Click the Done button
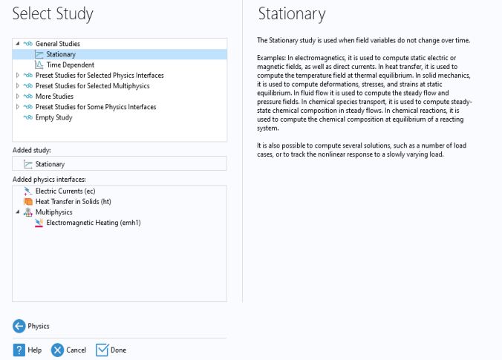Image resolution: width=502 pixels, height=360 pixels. [111, 350]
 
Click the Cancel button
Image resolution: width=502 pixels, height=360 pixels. [68, 350]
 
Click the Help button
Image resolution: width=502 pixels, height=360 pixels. [27, 350]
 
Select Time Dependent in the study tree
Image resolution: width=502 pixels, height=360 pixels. [71, 65]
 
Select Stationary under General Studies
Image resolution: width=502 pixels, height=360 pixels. [60, 54]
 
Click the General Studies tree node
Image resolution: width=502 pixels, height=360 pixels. [57, 44]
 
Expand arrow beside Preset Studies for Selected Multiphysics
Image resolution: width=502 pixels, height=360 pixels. [18, 85]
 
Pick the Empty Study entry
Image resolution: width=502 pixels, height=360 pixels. [54, 117]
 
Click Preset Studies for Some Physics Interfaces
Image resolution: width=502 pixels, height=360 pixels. [96, 107]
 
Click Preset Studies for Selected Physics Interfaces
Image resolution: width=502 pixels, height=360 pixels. [100, 75]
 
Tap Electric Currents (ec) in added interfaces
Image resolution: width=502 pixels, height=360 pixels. [65, 191]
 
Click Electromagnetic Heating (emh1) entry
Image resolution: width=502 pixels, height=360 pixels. [93, 222]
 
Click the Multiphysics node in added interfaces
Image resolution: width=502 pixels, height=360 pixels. [53, 212]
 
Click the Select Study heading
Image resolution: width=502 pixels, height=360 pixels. [52, 14]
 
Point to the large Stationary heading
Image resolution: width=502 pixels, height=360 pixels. [291, 14]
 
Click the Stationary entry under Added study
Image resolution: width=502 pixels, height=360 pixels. [50, 164]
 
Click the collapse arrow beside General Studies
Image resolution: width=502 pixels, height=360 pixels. [18, 44]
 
